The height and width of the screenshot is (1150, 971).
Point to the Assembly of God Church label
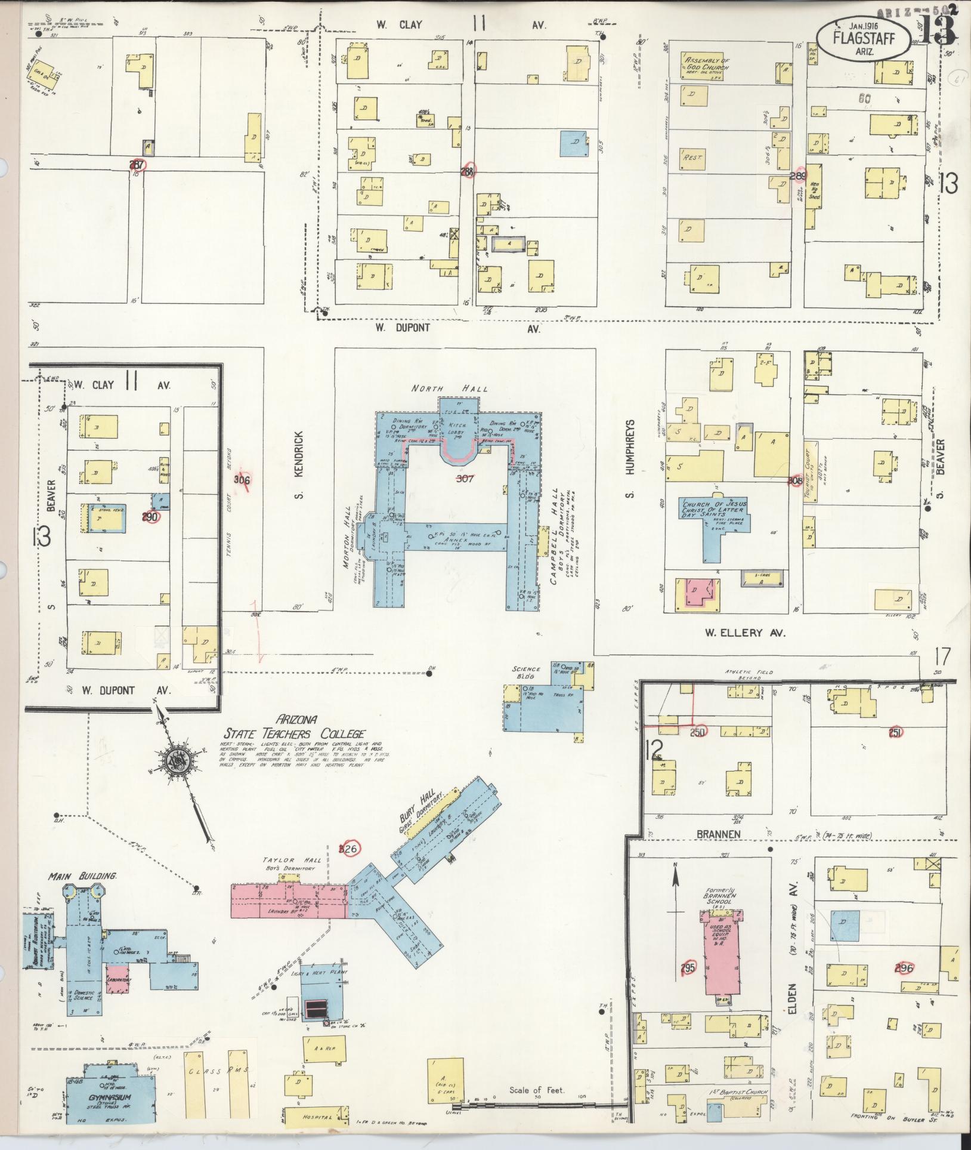tap(707, 64)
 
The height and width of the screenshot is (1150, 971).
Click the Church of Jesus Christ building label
tap(713, 507)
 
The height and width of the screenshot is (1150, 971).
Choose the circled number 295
tap(688, 967)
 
